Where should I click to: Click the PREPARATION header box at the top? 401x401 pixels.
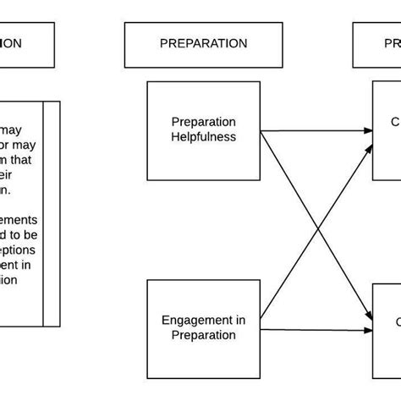click(203, 44)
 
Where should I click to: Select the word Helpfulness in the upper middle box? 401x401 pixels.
click(203, 136)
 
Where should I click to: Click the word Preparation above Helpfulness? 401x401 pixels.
click(203, 122)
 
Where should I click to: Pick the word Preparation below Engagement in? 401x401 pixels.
click(203, 335)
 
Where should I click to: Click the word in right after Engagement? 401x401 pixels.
click(240, 320)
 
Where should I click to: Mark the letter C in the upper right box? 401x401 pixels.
click(395, 122)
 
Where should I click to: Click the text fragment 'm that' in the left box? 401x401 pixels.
click(19, 160)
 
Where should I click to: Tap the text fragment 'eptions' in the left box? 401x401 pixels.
click(19, 250)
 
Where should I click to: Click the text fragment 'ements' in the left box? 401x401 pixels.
click(19, 220)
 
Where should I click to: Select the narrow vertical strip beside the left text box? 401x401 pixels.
click(52, 213)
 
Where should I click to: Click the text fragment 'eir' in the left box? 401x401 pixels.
click(8, 175)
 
